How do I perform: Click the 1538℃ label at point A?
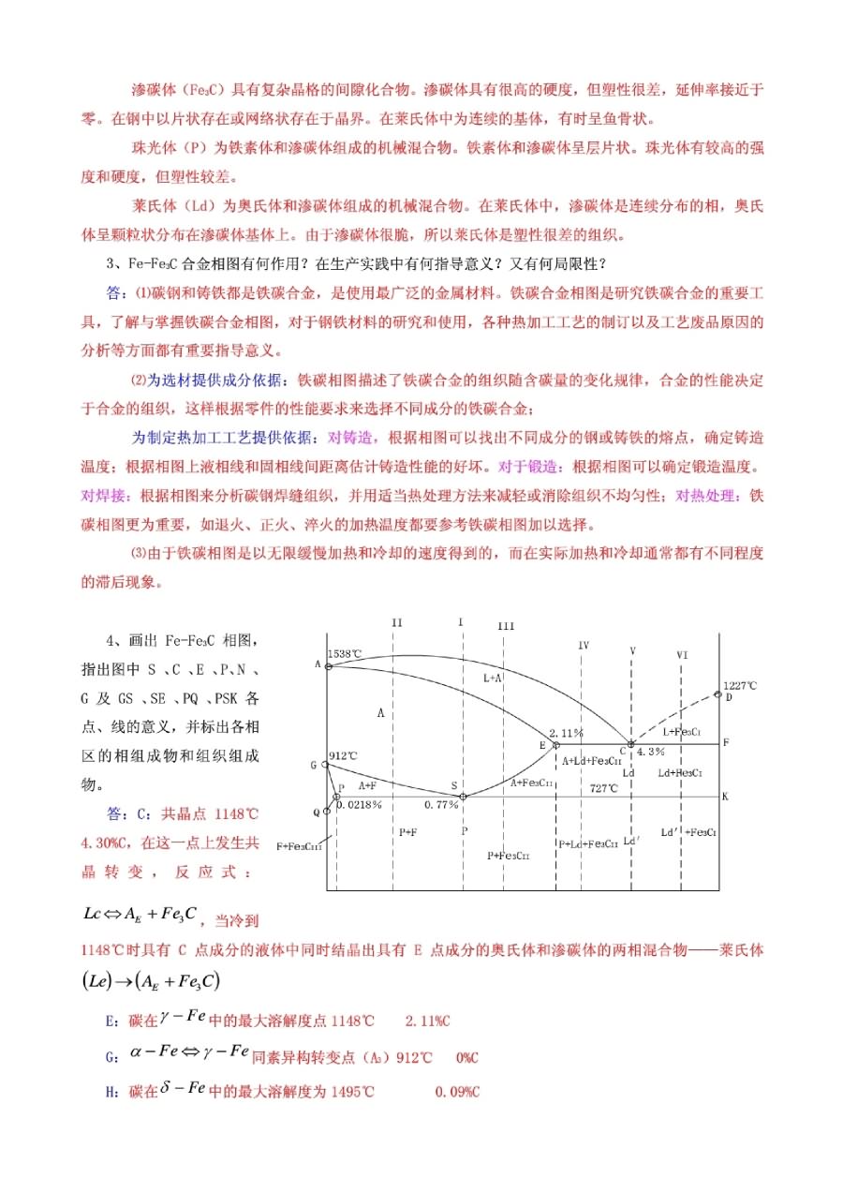point(345,653)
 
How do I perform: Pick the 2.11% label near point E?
point(566,733)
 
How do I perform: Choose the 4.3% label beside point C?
point(650,752)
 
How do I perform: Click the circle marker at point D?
point(717,694)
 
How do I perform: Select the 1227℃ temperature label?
point(739,685)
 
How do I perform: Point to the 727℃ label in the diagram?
point(604,788)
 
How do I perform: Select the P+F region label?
point(407,831)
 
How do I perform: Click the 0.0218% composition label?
point(358,805)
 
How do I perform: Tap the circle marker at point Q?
point(326,811)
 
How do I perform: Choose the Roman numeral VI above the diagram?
point(682,654)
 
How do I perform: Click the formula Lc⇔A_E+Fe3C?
point(140,913)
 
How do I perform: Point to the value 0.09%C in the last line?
point(457,1092)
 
